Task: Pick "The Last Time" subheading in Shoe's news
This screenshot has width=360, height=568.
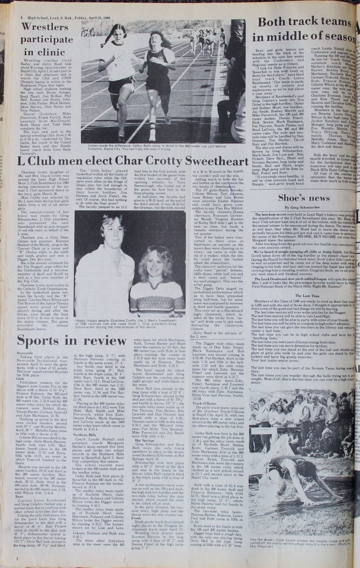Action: tap(303, 295)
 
